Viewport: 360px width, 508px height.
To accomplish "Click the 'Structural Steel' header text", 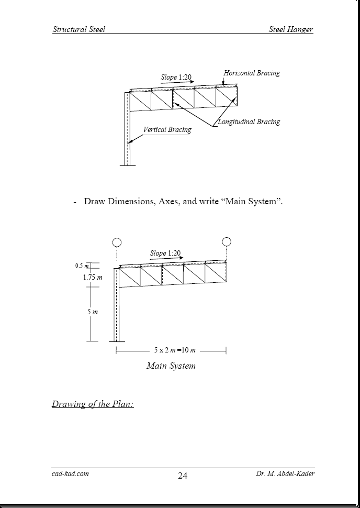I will [78, 29].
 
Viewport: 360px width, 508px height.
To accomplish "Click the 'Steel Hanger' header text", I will [291, 29].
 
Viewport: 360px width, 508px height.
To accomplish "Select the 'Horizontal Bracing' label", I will [252, 73].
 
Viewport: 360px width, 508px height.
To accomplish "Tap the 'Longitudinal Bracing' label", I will [249, 122].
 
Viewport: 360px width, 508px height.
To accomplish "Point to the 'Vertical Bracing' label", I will [167, 130].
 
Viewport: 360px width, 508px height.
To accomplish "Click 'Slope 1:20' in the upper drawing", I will [176, 78].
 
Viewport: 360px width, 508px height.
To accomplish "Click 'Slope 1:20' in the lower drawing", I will [165, 253].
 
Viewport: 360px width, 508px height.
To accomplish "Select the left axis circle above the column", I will [117, 242].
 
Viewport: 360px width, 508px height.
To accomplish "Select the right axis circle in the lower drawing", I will [227, 241].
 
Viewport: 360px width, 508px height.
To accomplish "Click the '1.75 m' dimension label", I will [92, 278].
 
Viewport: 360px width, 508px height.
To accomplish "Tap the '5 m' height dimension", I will [92, 312].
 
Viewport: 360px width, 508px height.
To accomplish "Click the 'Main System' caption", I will [171, 366].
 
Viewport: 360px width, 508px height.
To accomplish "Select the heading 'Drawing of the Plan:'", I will [93, 404].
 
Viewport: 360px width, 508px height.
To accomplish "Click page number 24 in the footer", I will [183, 476].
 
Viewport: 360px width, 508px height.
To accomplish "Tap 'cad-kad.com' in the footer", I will [71, 473].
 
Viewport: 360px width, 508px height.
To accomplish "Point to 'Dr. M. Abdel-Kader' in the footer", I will [285, 473].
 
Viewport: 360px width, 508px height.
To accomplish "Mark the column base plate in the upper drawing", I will [127, 166].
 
